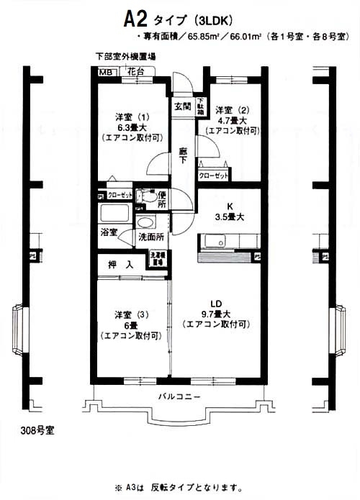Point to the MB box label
pos(105,72)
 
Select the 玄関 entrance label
pos(181,106)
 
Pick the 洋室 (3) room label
pos(131,314)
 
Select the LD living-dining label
pos(216,303)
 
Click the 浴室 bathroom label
pos(109,234)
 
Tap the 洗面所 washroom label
pos(151,236)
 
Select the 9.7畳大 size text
pos(216,314)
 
